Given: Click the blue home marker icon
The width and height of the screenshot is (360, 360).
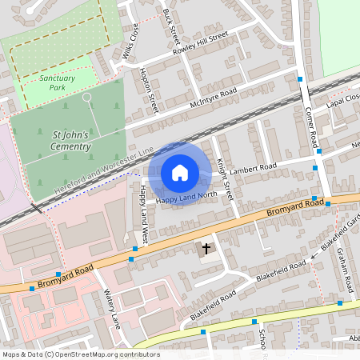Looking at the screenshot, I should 180,173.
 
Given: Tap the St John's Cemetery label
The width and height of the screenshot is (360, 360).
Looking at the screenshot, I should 70,141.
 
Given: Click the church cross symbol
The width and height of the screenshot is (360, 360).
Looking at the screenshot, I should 206,249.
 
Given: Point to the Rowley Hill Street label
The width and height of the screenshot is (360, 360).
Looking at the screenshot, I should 201,43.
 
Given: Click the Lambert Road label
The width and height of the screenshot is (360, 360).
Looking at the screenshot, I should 252,170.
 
